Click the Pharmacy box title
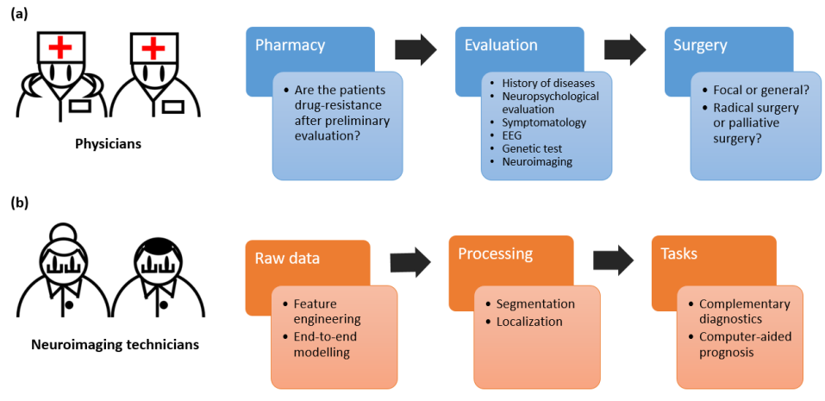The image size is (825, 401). [291, 45]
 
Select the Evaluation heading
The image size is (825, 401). [501, 45]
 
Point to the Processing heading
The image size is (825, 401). [496, 254]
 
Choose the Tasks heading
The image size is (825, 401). [679, 254]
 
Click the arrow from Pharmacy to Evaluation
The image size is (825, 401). [416, 50]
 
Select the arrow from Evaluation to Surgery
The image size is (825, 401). [625, 50]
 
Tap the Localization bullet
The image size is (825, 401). [523, 321]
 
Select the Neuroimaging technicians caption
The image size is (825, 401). [116, 345]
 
